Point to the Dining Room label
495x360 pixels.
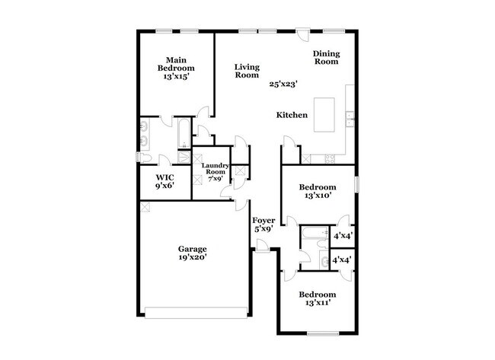click(326, 57)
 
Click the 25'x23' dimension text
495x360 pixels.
click(283, 84)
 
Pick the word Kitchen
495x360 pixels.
click(292, 115)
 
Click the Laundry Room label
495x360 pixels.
click(212, 172)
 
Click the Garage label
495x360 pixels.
click(192, 248)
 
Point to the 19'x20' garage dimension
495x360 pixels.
click(192, 257)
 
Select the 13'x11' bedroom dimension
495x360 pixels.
click(316, 304)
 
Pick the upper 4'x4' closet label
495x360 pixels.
click(342, 236)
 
